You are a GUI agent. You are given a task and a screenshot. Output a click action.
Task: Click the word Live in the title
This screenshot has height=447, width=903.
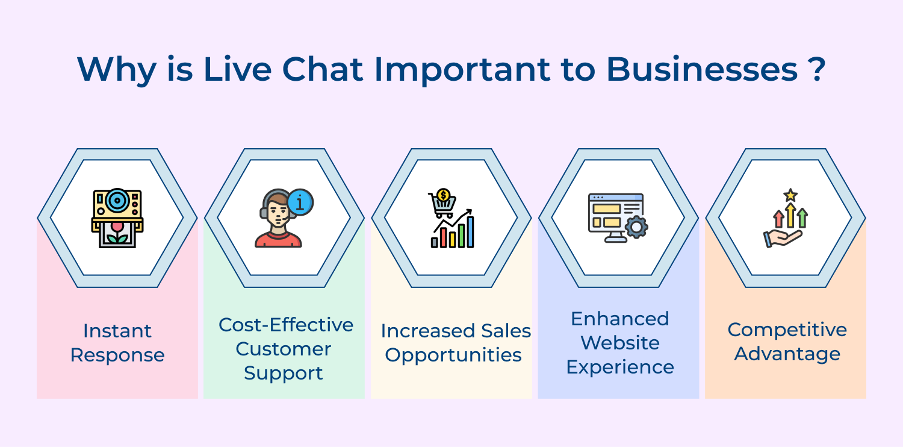tap(237, 69)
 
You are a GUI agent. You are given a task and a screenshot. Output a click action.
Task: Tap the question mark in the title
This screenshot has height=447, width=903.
tap(817, 69)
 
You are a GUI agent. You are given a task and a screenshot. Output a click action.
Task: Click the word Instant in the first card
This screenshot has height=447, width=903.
tap(117, 331)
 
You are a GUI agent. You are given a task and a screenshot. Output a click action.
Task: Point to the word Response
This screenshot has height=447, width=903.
tap(117, 355)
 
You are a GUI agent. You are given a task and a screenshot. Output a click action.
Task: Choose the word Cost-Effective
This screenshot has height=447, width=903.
tap(285, 325)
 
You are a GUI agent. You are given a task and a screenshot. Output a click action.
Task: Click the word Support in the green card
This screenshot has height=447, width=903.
tap(284, 373)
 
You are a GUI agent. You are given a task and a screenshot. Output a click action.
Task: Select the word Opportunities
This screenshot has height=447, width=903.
tap(453, 355)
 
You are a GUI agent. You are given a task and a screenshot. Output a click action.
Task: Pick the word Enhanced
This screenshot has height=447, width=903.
tap(620, 319)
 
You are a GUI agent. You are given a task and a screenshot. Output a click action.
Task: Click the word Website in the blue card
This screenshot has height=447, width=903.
tap(620, 343)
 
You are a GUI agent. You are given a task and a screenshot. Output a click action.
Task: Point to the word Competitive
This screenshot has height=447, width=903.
tap(787, 330)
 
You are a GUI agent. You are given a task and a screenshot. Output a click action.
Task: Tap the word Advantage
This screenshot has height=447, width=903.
tap(787, 354)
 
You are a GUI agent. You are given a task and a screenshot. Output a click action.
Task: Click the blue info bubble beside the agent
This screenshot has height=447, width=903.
tap(300, 202)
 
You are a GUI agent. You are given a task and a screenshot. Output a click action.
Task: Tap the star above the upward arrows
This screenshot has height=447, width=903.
tap(790, 195)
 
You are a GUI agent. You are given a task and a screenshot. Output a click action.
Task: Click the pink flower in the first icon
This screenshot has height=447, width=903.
tap(117, 229)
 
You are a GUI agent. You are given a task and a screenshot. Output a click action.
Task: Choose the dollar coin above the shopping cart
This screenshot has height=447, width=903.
tap(444, 195)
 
